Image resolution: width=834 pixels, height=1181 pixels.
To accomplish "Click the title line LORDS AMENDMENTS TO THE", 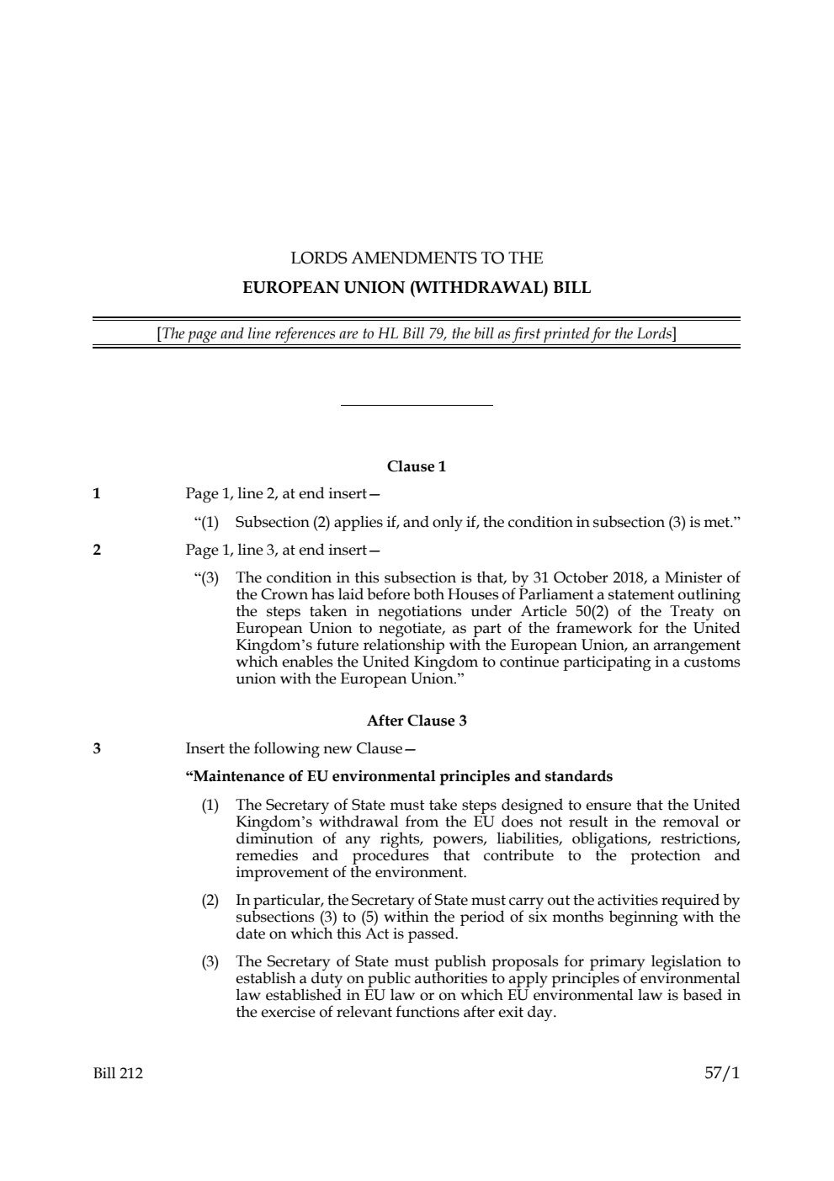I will [417, 258].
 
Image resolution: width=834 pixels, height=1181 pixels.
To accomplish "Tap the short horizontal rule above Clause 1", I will [417, 406].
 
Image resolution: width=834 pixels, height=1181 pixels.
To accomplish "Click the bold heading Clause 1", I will [417, 466].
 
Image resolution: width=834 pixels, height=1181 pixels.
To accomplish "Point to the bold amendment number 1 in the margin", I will [97, 494].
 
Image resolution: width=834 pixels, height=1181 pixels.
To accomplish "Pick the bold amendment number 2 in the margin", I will [97, 551].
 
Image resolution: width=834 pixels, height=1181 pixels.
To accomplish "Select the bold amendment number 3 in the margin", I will [97, 748].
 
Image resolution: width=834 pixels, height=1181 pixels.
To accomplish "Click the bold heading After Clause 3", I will [417, 721].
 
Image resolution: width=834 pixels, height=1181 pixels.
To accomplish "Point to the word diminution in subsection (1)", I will [274, 838].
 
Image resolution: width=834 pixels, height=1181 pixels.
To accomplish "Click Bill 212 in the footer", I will [118, 1073].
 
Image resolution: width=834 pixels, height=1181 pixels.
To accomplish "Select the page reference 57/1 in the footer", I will [722, 1073].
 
